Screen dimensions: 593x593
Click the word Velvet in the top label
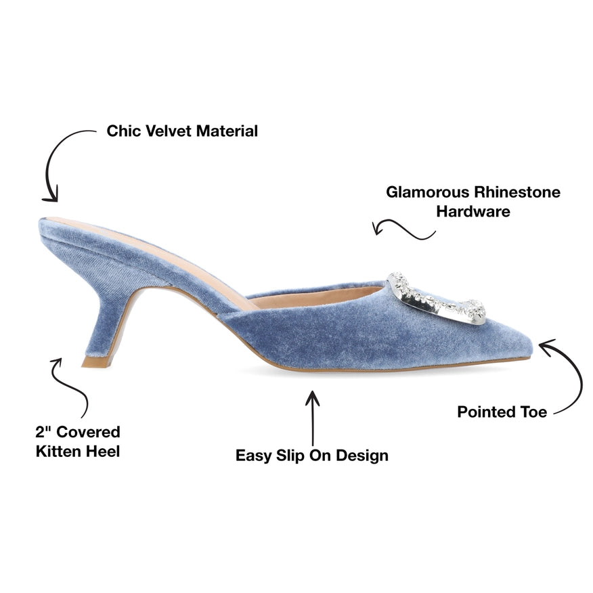169,131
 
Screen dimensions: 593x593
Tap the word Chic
124,131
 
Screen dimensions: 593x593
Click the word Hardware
473,211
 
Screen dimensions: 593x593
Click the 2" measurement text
43,432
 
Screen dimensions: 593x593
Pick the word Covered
88,432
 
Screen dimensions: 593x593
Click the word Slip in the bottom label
290,456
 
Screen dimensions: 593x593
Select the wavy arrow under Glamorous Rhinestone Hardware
403,228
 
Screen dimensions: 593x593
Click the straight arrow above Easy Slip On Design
312,418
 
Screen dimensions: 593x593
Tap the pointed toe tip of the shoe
531,346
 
